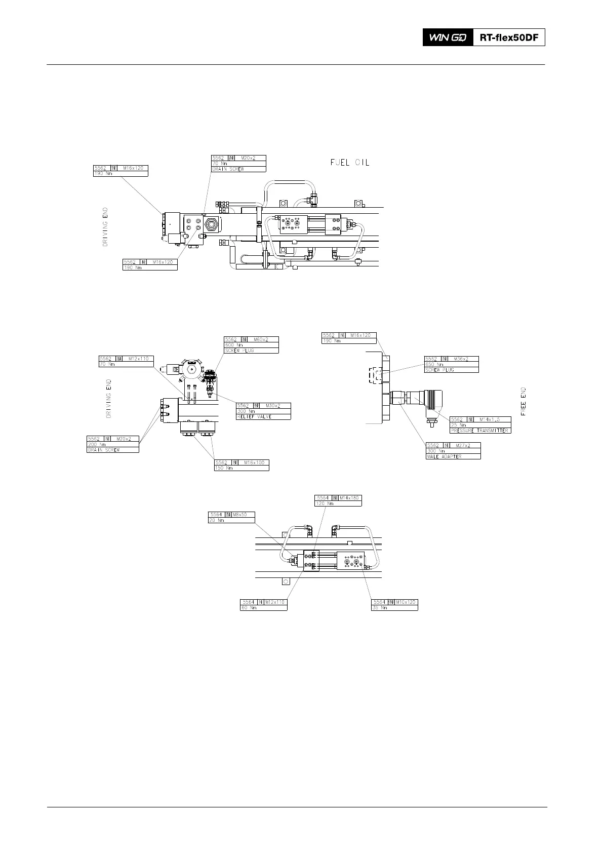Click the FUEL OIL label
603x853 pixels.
pyautogui.click(x=350, y=163)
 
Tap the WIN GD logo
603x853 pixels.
pyautogui.click(x=448, y=37)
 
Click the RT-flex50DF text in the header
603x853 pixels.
pyautogui.click(x=509, y=37)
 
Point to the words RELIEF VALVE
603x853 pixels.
pyautogui.click(x=255, y=416)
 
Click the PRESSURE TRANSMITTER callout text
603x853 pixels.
pyautogui.click(x=479, y=431)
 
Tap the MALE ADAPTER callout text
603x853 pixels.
pyautogui.click(x=445, y=456)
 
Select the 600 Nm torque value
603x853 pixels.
pyautogui.click(x=234, y=345)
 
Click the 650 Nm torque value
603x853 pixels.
pyautogui.click(x=434, y=364)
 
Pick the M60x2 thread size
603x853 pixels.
pyautogui.click(x=261, y=339)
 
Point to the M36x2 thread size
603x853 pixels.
pyautogui.click(x=461, y=359)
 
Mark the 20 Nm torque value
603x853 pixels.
pyautogui.click(x=217, y=520)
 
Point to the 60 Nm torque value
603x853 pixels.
pyautogui.click(x=249, y=608)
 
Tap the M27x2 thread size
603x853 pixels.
pyautogui.click(x=462, y=445)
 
